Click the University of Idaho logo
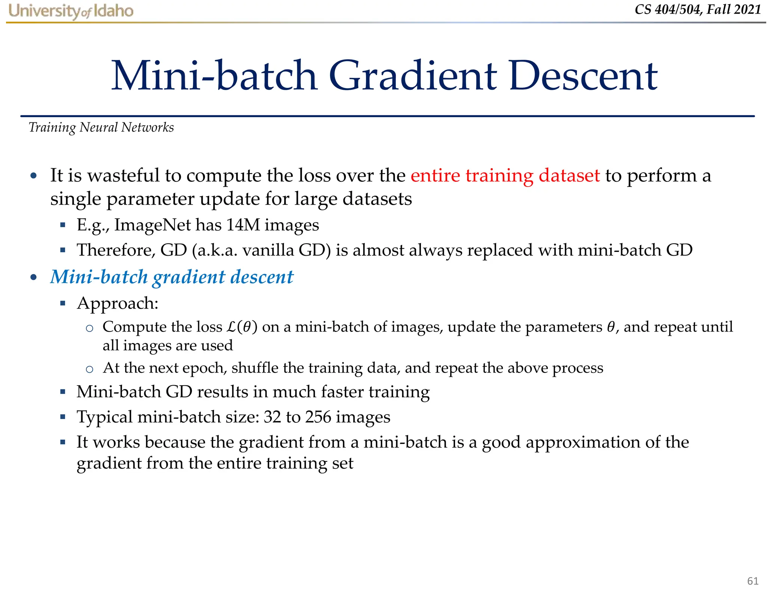click(x=71, y=11)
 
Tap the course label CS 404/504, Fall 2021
click(x=698, y=9)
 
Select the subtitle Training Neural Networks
click(x=101, y=128)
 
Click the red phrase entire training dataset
click(x=505, y=175)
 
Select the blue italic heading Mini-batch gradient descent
click(x=172, y=277)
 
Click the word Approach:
click(x=118, y=303)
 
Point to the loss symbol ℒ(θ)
click(x=242, y=327)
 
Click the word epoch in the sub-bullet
click(x=204, y=368)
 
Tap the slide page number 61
click(x=752, y=581)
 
